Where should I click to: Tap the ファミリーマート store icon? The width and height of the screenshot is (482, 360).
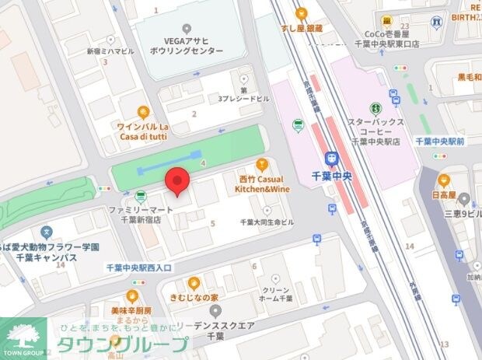coord(140,196)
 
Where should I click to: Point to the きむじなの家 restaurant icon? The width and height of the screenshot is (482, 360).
coord(194,283)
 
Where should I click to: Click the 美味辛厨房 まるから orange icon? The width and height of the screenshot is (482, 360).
coord(132,295)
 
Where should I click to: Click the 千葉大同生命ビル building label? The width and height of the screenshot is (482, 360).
coord(267,222)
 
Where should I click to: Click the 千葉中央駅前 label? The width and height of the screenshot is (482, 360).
coord(439,142)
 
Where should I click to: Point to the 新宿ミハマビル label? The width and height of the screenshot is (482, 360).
coord(110,51)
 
